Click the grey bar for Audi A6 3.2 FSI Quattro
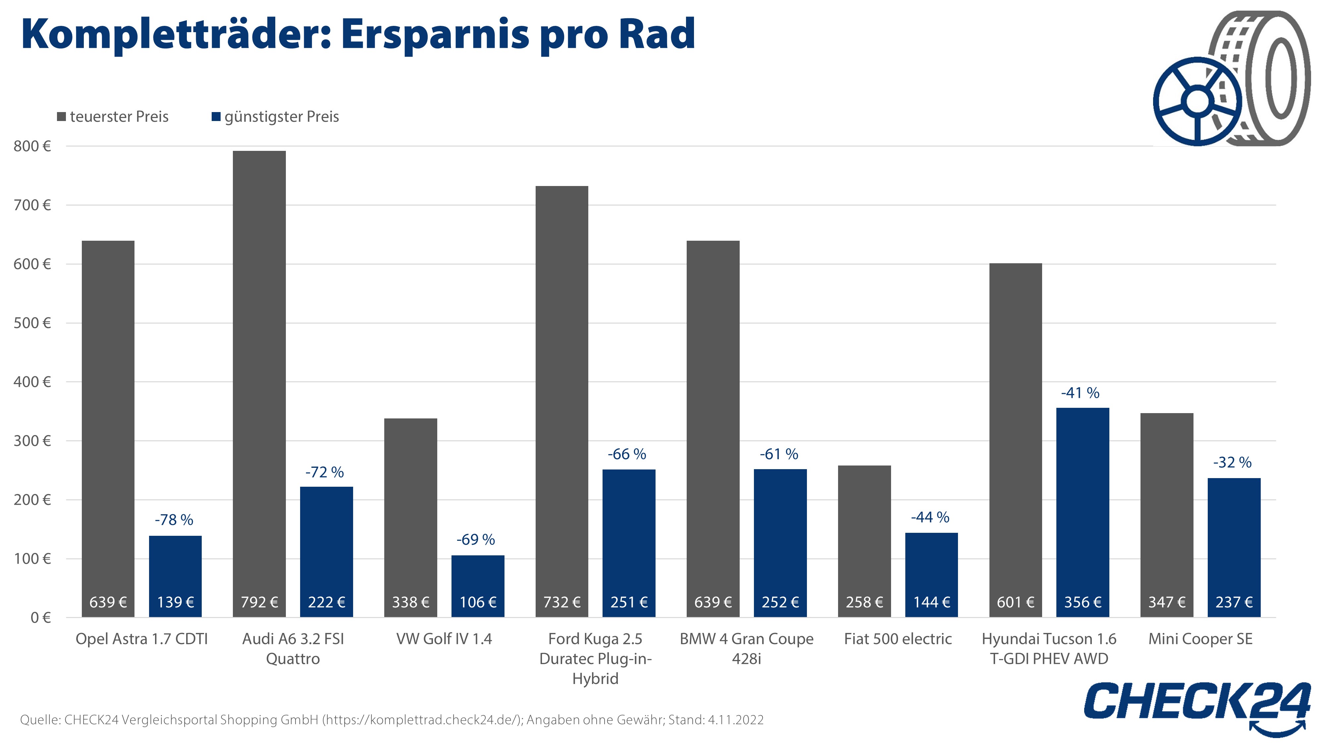[259, 360]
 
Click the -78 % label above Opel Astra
[174, 520]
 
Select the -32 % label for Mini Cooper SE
[1232, 462]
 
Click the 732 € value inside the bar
[562, 602]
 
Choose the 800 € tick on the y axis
[32, 146]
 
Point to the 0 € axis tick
[40, 617]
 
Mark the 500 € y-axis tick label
[32, 323]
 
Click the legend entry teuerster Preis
[113, 117]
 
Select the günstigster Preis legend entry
[276, 117]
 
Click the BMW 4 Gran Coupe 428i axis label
[746, 649]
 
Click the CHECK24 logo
[1196, 703]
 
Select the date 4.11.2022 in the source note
[735, 720]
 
